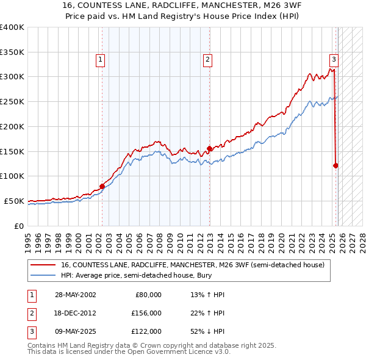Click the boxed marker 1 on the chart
click(x=99, y=60)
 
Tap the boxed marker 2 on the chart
click(x=208, y=60)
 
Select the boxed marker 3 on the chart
click(x=334, y=60)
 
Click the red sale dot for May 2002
click(x=102, y=186)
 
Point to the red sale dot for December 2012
click(x=209, y=148)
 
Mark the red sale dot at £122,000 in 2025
click(x=336, y=165)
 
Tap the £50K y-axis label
click(x=15, y=201)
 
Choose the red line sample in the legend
click(x=43, y=265)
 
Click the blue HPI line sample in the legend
click(x=43, y=275)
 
